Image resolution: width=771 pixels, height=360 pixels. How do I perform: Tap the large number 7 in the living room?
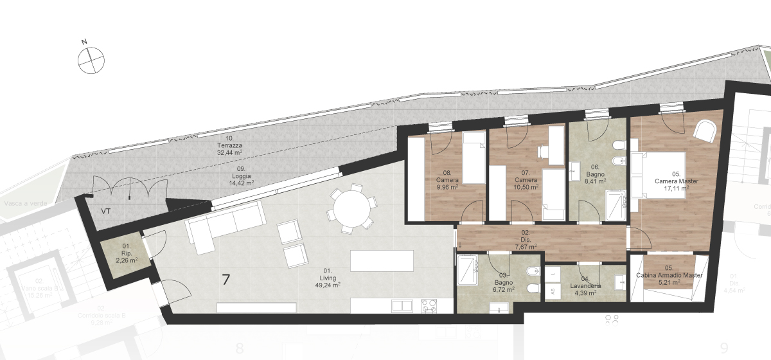(226, 280)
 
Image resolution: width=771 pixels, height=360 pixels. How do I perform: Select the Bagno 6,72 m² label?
(502, 285)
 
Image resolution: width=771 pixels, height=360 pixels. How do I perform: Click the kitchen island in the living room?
(382, 260)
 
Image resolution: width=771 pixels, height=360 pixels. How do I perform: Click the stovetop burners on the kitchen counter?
(429, 306)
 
